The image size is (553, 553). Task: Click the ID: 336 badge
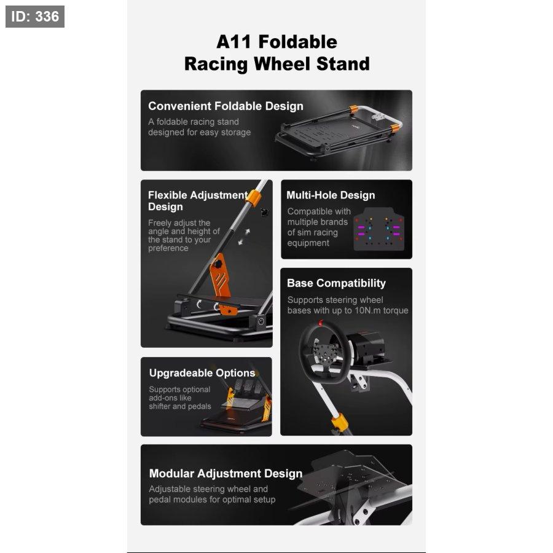35,17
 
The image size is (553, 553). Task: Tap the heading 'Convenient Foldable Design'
226,106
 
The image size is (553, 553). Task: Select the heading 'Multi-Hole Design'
331,195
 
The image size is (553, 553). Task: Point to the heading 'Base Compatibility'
337,283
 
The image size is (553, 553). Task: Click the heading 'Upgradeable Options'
202,373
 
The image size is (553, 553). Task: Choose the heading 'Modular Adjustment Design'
226,473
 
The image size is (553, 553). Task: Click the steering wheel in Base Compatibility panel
321,353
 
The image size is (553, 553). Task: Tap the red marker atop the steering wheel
321,323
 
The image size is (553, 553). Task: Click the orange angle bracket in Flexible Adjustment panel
222,282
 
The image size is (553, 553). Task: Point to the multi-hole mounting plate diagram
378,229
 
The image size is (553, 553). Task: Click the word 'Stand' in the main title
343,64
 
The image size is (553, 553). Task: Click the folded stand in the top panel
339,133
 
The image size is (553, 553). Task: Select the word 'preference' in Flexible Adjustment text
168,248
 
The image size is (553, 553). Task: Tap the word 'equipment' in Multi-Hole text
308,243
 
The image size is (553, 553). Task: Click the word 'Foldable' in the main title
297,42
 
